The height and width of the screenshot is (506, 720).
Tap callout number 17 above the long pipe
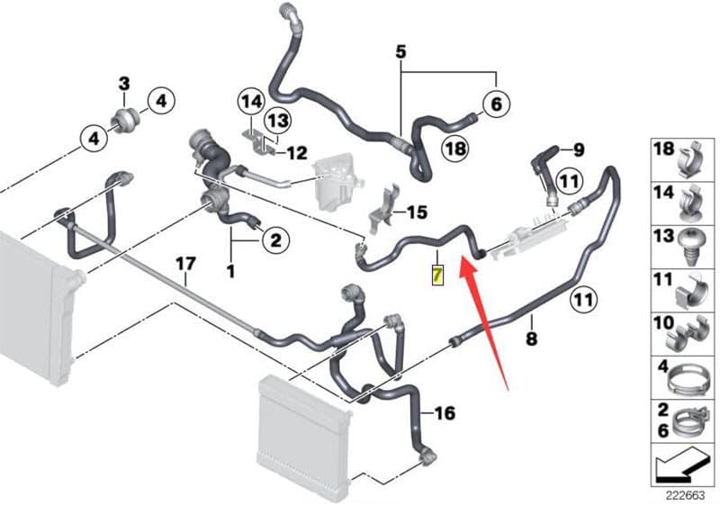pyautogui.click(x=184, y=264)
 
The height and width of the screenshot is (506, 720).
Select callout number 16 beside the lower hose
pyautogui.click(x=445, y=413)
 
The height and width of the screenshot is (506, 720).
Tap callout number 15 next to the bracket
pyautogui.click(x=417, y=212)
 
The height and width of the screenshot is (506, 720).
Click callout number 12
pyautogui.click(x=297, y=152)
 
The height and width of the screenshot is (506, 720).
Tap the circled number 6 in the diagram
pyautogui.click(x=494, y=105)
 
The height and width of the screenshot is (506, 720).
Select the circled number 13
pyautogui.click(x=278, y=120)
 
